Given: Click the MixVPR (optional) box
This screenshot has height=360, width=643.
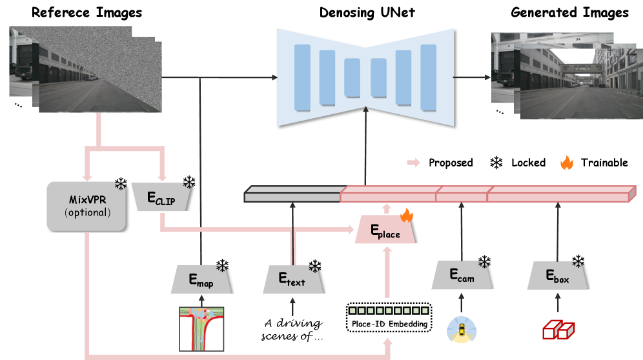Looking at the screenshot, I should [86, 206].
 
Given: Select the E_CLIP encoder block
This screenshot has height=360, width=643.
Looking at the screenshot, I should [161, 197].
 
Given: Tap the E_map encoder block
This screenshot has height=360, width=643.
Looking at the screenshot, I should [201, 279].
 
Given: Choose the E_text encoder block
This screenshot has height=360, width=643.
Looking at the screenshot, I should [292, 279].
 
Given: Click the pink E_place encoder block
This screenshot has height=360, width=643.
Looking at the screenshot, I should [385, 230].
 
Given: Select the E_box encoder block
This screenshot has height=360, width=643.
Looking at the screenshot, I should [557, 275].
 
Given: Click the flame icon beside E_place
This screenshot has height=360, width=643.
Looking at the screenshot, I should [407, 215].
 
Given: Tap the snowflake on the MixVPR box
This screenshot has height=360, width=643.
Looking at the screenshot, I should [119, 186].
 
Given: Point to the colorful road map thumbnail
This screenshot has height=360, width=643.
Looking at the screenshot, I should [201, 329].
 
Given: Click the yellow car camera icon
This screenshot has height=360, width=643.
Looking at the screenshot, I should [462, 329].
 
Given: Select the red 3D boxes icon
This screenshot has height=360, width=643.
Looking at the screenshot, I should [557, 330].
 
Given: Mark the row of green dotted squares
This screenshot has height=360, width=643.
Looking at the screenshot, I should [389, 310].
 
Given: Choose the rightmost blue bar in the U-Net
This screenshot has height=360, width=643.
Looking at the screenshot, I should [429, 77].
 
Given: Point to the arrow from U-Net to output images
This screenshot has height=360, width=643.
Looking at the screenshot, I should [471, 77].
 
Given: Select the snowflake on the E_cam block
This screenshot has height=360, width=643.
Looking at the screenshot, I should [485, 265].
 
